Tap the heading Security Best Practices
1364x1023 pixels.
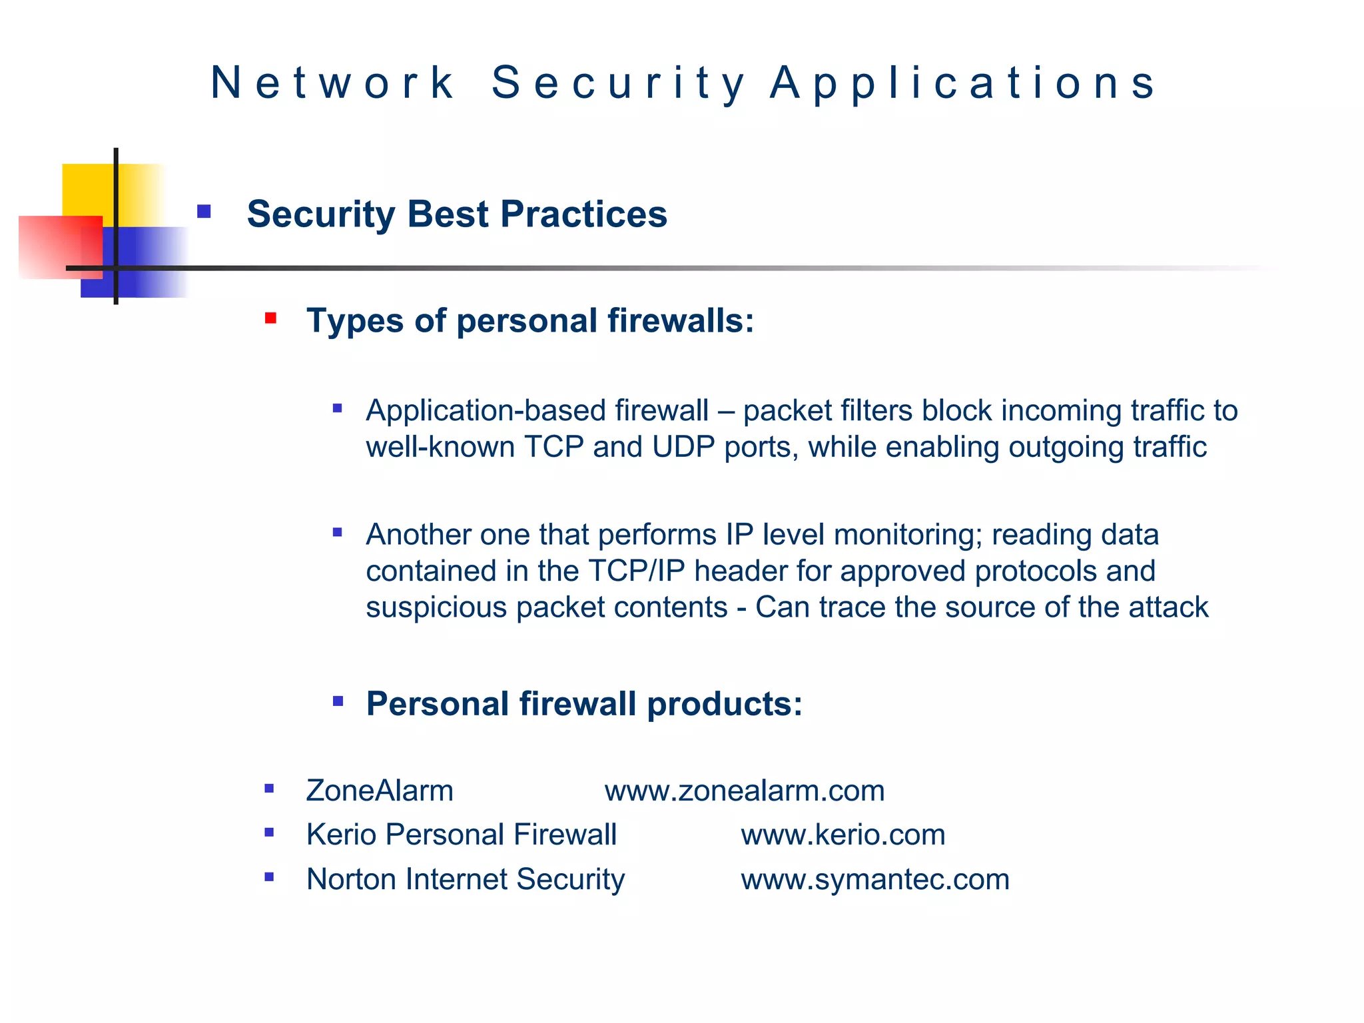coord(457,214)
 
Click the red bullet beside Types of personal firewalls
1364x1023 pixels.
coord(270,318)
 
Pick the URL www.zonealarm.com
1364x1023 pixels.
coord(744,791)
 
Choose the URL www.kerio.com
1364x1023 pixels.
coord(843,835)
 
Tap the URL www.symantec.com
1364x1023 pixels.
coord(874,879)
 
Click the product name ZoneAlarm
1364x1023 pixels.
coord(380,791)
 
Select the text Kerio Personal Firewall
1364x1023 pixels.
coord(461,835)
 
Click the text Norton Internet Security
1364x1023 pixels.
coord(465,879)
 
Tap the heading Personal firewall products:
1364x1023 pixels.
coord(584,704)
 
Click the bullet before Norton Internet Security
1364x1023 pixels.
coord(269,877)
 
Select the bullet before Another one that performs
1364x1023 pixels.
coord(338,532)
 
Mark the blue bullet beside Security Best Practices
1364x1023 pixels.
coord(204,212)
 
